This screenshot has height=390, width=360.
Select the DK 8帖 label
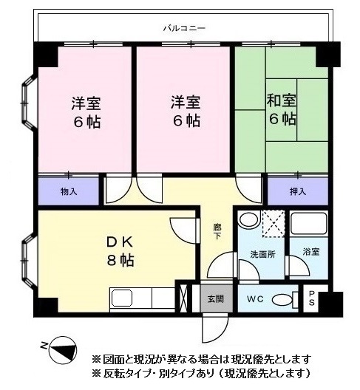[x=118, y=251]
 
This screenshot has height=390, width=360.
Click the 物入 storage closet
[x=68, y=191]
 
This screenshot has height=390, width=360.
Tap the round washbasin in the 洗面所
[x=249, y=220]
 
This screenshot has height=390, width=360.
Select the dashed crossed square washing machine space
[x=274, y=222]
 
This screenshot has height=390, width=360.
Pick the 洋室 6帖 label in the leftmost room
[x=86, y=111]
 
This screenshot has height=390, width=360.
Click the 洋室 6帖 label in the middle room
[x=185, y=111]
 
